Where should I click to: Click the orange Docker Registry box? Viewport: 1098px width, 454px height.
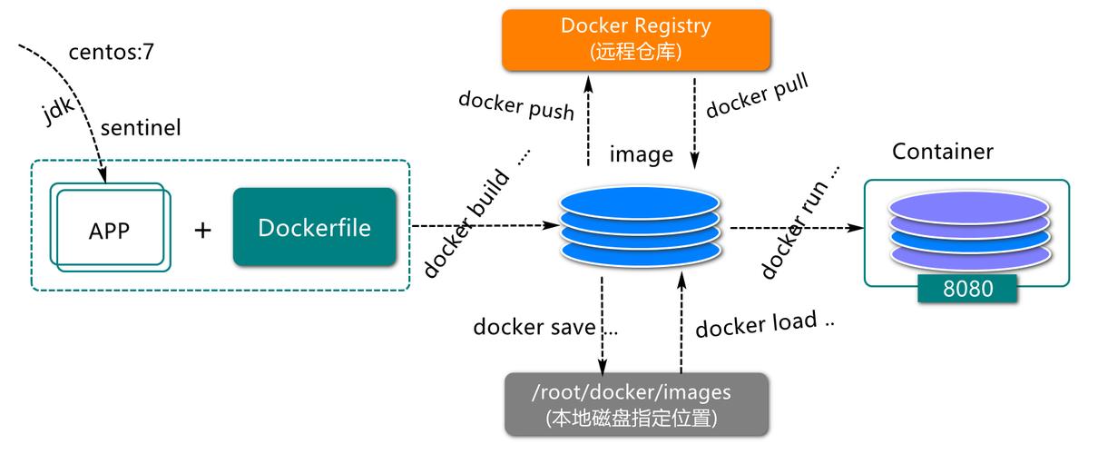tap(635, 40)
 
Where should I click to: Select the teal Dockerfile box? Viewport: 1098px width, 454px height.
tap(314, 227)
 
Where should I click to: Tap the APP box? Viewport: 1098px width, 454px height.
tap(110, 229)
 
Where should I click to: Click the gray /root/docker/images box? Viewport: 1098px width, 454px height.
tap(636, 404)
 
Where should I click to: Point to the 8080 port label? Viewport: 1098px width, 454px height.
tap(966, 289)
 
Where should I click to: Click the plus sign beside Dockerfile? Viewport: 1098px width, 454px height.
tap(202, 230)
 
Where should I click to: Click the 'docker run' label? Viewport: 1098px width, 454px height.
tap(799, 222)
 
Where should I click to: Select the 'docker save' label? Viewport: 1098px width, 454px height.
tap(544, 327)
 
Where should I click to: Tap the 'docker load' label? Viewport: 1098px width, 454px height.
tap(764, 323)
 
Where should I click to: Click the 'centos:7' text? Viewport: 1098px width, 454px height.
tap(112, 53)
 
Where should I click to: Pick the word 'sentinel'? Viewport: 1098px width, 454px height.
tap(141, 128)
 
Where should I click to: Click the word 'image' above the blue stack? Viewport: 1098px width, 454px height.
tap(641, 154)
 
